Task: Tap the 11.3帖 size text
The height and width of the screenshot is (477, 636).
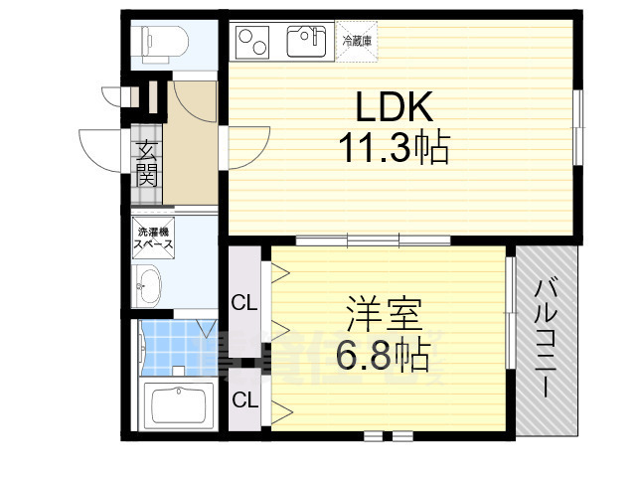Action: click(392, 149)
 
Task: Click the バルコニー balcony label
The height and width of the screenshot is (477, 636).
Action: click(546, 338)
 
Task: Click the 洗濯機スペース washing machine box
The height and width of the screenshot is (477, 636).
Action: click(154, 238)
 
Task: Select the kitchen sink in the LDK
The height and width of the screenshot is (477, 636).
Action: click(306, 43)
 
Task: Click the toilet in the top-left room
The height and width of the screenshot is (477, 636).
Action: click(161, 41)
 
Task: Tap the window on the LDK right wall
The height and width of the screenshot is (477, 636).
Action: click(579, 125)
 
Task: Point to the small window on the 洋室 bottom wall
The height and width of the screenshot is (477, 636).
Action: click(388, 435)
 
